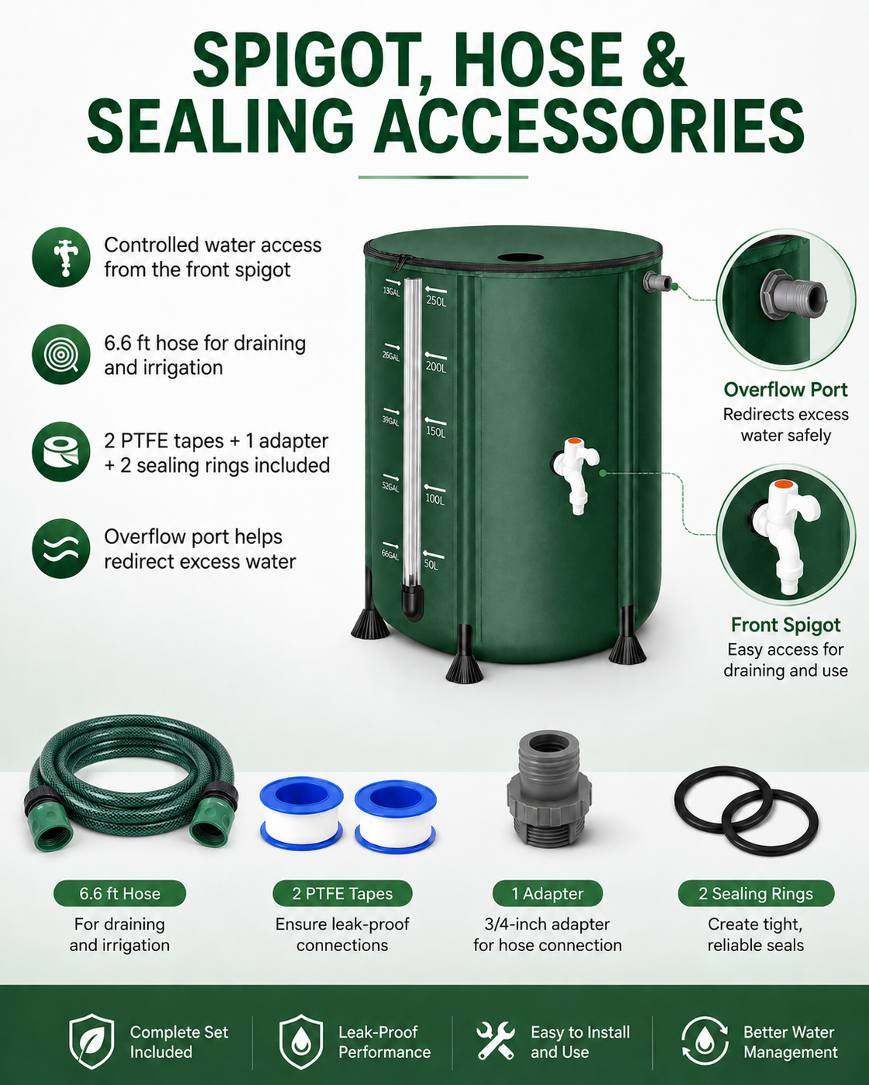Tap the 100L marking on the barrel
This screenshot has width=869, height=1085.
click(434, 499)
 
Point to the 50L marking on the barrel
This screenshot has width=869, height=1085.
click(431, 564)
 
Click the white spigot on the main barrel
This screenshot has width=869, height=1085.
click(575, 474)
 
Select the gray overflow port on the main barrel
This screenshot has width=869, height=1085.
click(657, 282)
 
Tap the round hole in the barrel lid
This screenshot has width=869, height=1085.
click(520, 258)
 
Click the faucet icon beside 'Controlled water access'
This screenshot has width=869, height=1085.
click(61, 257)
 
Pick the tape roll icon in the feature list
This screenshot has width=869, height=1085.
click(61, 452)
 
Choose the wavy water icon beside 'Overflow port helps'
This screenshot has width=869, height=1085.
click(61, 549)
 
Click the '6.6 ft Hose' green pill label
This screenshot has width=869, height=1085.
click(119, 893)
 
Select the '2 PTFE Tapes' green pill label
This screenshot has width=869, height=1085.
click(342, 893)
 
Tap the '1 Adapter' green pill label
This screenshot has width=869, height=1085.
click(548, 893)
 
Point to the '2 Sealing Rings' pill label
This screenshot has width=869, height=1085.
click(755, 893)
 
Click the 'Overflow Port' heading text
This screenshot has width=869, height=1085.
click(785, 390)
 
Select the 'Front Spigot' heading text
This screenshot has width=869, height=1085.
click(785, 625)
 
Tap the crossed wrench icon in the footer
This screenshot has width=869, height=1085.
click(496, 1040)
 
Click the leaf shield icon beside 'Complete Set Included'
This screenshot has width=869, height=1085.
click(91, 1041)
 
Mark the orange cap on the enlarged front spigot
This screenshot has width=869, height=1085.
click(782, 484)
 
